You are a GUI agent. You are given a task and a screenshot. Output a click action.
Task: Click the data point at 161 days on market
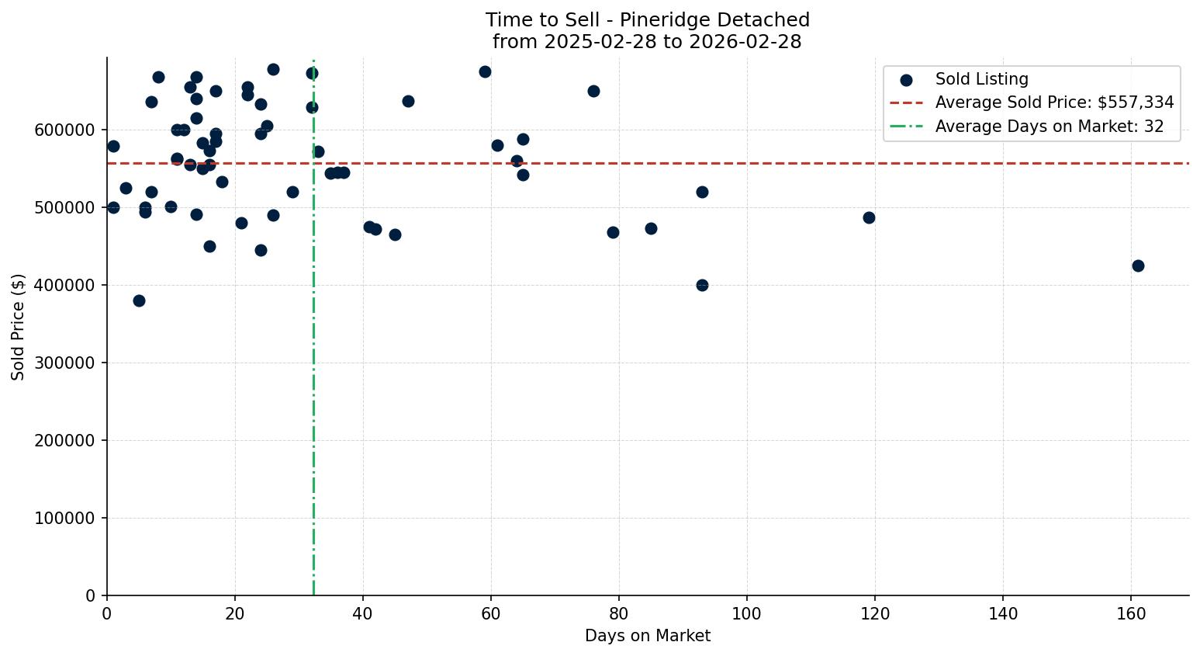1138,266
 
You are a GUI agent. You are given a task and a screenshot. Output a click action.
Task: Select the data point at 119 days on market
869,217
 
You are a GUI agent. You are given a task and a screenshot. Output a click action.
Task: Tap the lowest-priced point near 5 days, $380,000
139,300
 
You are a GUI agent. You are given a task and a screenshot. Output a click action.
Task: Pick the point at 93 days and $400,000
702,285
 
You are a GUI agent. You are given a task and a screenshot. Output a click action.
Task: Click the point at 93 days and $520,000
702,192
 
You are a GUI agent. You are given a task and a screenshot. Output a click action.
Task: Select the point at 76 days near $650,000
593,91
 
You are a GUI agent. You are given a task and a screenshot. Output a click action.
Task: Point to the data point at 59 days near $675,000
485,71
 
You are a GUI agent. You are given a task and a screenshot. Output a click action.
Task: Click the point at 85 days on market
651,228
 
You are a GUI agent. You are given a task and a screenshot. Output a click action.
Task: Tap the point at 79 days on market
613,232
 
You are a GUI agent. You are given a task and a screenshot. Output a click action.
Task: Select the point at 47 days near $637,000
408,101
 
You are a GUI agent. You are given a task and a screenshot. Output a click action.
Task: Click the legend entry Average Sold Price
1054,102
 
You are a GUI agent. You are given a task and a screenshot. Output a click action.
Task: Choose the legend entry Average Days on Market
1049,127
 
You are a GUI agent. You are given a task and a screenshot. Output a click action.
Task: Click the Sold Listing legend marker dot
906,79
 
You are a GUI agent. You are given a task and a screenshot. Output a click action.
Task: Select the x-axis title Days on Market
648,636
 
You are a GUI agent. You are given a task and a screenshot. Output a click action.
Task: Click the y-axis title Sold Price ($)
19,327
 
